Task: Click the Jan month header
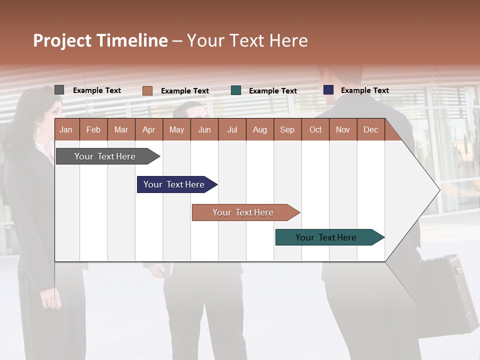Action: (x=66, y=129)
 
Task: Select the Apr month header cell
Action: (x=149, y=129)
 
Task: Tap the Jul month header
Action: (x=232, y=129)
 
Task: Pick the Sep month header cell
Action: (x=287, y=129)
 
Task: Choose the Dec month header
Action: (x=370, y=129)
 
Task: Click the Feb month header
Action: (x=93, y=129)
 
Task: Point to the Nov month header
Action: (x=343, y=129)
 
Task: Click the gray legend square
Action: (x=59, y=90)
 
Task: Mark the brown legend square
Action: (x=147, y=90)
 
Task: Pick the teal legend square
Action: (x=236, y=90)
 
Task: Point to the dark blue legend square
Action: (x=328, y=90)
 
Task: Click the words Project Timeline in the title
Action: (x=100, y=40)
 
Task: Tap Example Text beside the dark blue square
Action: (x=364, y=90)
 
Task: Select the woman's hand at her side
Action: (x=51, y=299)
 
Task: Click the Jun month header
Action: (x=204, y=129)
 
